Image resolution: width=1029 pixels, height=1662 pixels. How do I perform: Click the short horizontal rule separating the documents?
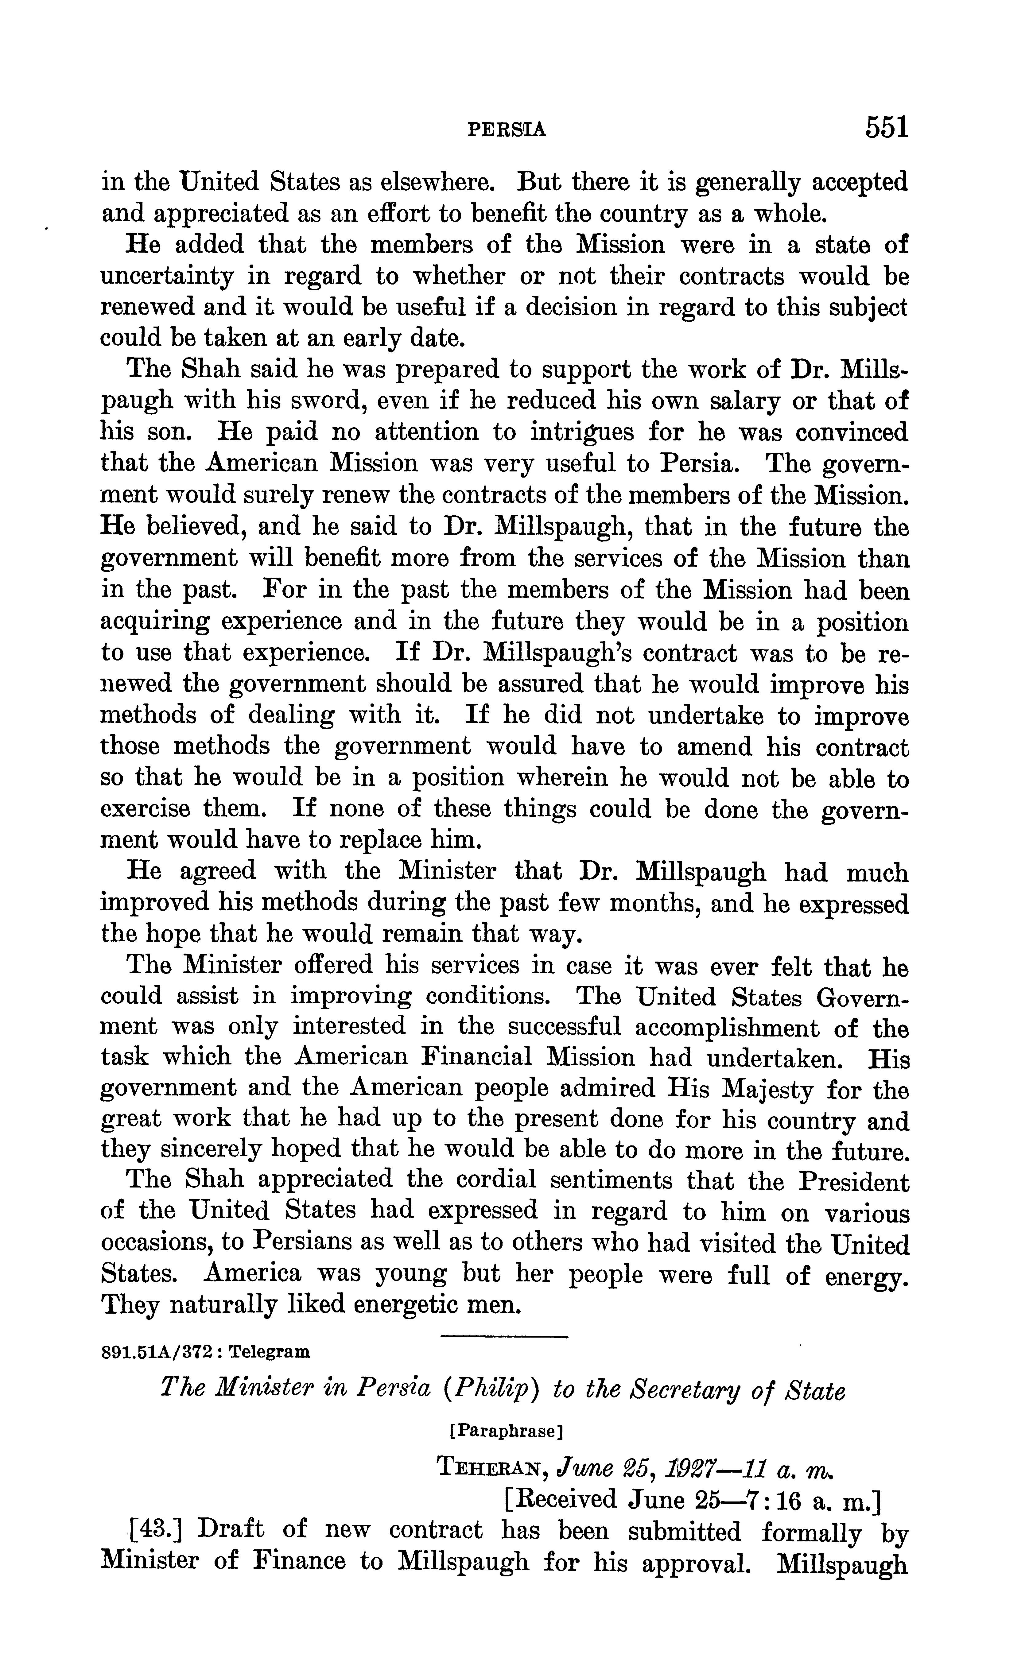click(x=504, y=1338)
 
